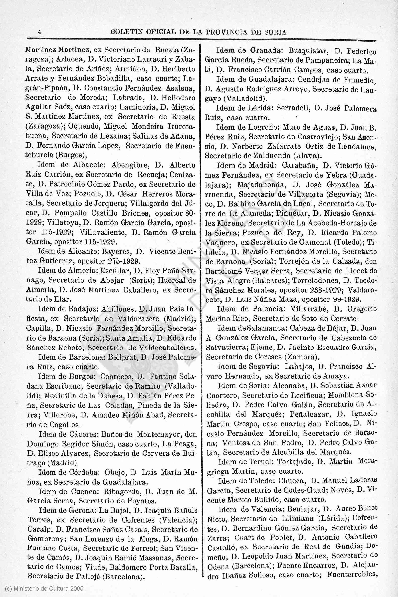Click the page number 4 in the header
(x=39, y=32)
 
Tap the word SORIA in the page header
(x=276, y=32)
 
